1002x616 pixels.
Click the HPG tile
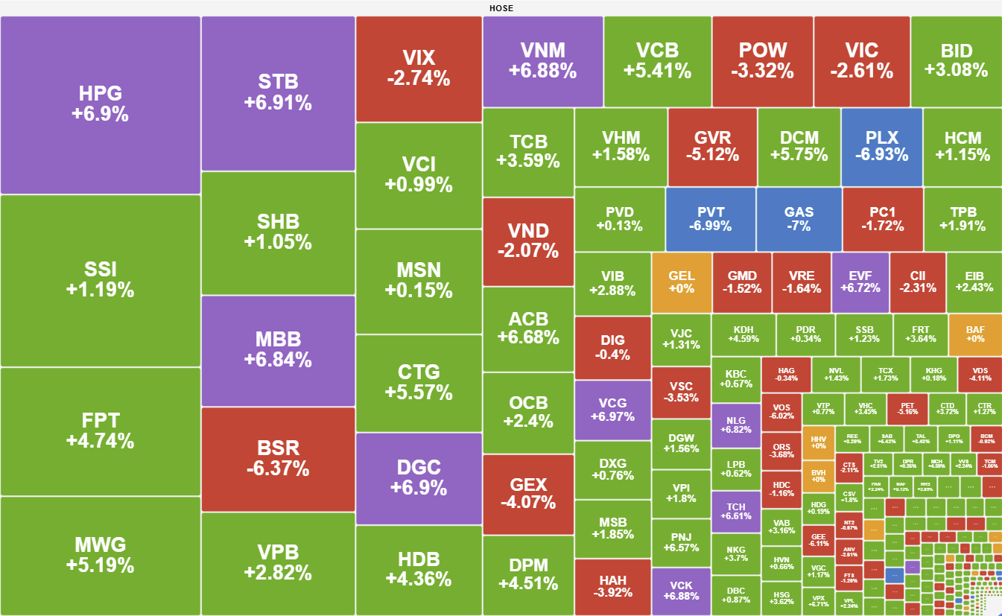click(101, 104)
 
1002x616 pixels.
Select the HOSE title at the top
click(501, 8)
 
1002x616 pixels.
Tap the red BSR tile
click(278, 458)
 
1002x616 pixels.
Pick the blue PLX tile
click(882, 146)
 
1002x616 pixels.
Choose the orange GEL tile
click(681, 282)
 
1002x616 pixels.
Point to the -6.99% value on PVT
click(711, 226)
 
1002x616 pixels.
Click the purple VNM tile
click(542, 60)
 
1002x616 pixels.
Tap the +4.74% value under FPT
click(101, 441)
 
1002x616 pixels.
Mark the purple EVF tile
click(860, 282)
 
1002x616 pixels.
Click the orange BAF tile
click(975, 334)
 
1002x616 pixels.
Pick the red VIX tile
click(419, 68)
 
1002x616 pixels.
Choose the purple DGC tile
click(419, 478)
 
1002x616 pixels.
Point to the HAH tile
click(612, 587)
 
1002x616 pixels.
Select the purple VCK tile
click(681, 591)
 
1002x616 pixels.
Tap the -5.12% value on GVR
click(712, 155)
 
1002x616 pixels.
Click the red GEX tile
click(528, 492)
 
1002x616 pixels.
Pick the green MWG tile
click(101, 555)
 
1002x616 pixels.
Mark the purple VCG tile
click(612, 410)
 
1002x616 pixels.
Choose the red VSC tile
click(681, 392)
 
